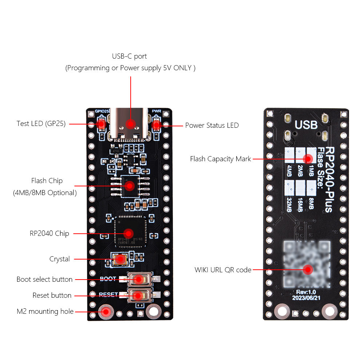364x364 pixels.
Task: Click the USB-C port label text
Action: [130, 56]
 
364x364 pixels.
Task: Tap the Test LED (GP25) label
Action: [41, 124]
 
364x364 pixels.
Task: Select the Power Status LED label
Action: [212, 126]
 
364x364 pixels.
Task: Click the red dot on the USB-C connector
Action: [130, 124]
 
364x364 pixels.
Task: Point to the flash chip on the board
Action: [129, 186]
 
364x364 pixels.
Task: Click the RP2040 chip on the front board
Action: [128, 233]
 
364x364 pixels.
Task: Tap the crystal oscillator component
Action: [120, 259]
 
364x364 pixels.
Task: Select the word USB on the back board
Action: [306, 125]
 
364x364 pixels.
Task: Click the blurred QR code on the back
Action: [308, 264]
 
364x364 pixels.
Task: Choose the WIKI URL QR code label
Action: [223, 270]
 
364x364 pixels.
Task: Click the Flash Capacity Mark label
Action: [221, 159]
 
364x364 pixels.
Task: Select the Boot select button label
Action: [44, 280]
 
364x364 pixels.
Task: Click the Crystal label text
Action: [60, 259]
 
